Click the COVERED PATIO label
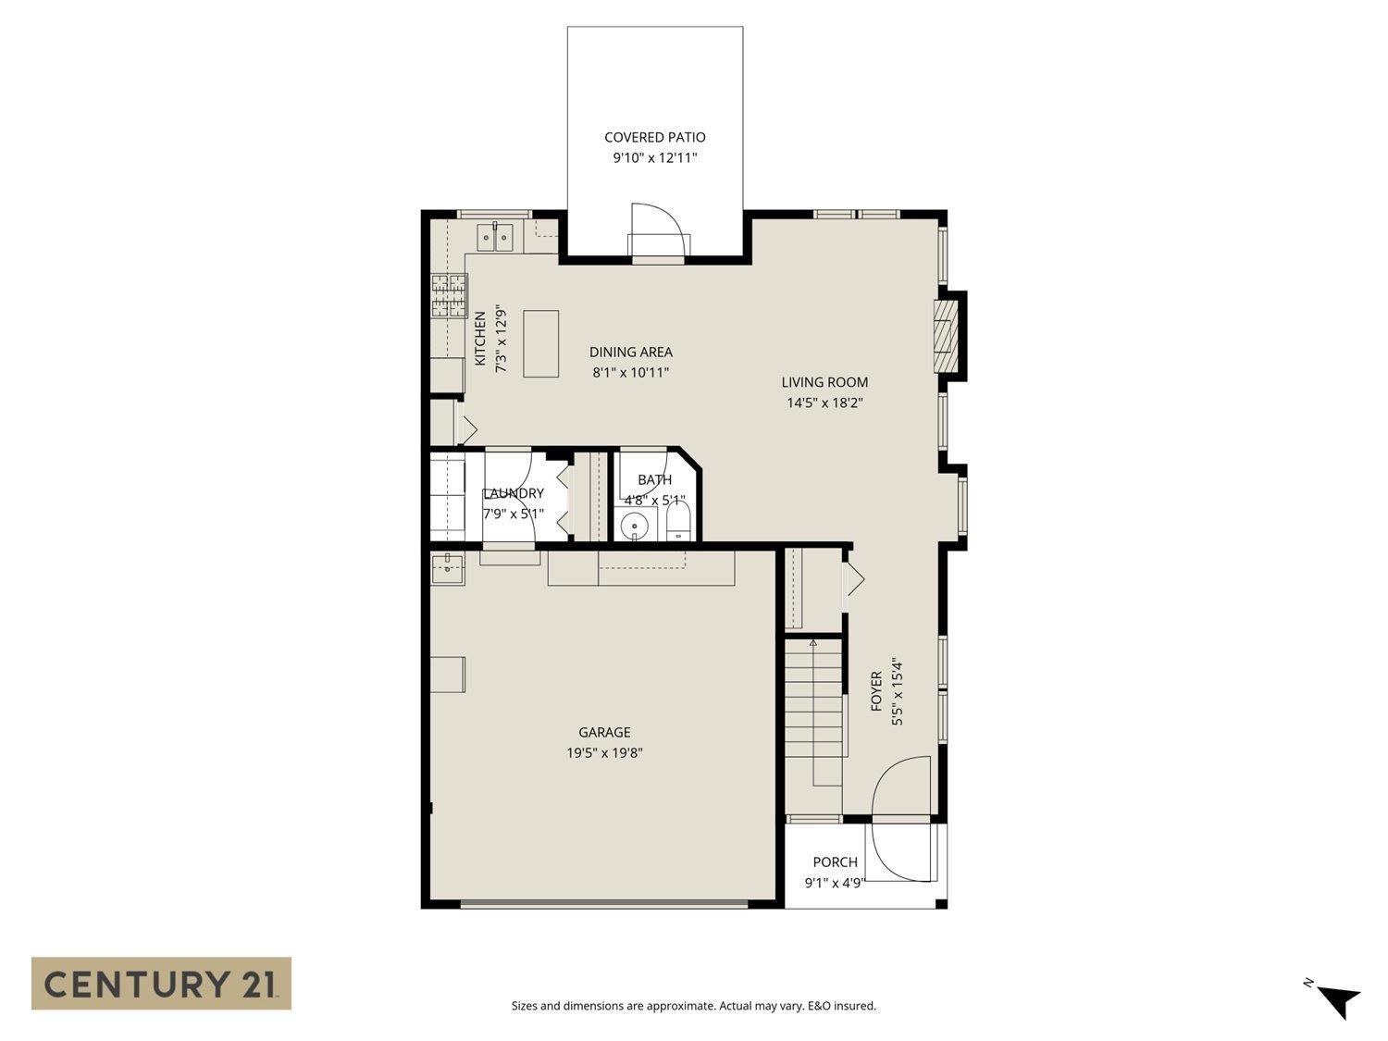point(654,137)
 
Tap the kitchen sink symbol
point(495,238)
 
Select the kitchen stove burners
point(449,296)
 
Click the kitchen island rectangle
point(541,343)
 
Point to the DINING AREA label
point(630,352)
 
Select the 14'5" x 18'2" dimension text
point(824,403)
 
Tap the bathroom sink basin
point(635,527)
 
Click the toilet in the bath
point(678,523)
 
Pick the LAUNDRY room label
point(514,493)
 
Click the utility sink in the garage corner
point(448,568)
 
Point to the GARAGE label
point(604,732)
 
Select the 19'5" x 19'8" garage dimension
point(604,753)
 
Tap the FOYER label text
point(876,691)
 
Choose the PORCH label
point(835,862)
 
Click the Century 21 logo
point(161,983)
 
